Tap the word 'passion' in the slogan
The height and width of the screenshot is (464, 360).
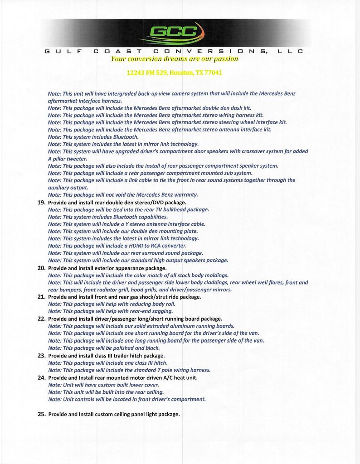[x=225, y=58]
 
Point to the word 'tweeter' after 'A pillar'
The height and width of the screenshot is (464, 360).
[x=76, y=159]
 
